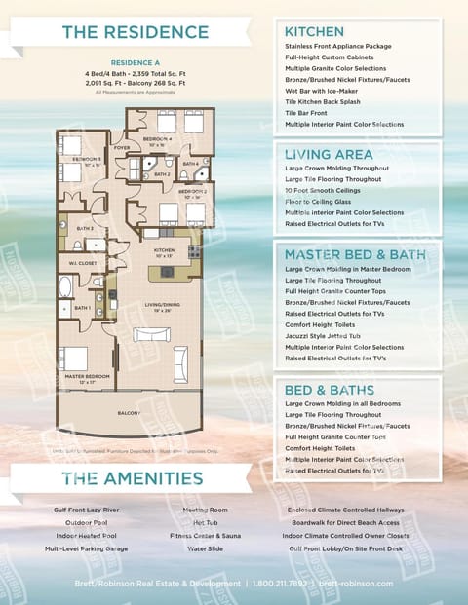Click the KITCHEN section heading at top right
pyautogui.click(x=314, y=32)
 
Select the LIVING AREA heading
pyautogui.click(x=328, y=154)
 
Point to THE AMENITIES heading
pyautogui.click(x=133, y=477)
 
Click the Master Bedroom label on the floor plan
pyautogui.click(x=86, y=375)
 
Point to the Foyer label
pyautogui.click(x=122, y=149)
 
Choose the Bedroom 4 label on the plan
pyautogui.click(x=156, y=140)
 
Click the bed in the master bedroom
pyautogui.click(x=74, y=359)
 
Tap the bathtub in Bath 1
pyautogui.click(x=65, y=287)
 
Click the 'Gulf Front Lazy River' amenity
pyautogui.click(x=86, y=510)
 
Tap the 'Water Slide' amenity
pyautogui.click(x=204, y=548)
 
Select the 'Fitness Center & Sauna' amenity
pyautogui.click(x=205, y=536)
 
